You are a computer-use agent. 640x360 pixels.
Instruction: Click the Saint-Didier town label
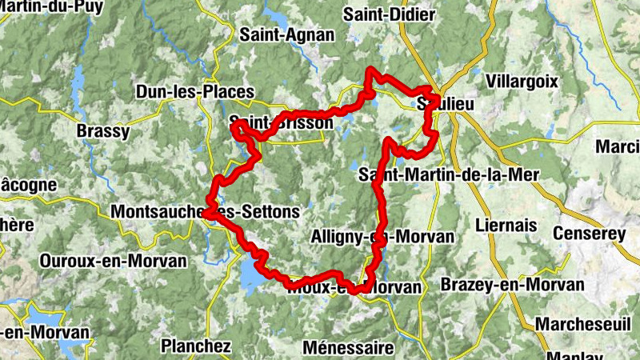tap(389, 14)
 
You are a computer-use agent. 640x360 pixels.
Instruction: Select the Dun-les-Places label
tap(195, 92)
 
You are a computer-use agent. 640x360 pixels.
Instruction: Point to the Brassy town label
tap(102, 131)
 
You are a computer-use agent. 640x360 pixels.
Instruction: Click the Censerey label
tap(593, 234)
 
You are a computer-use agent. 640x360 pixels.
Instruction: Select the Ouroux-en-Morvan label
tap(113, 261)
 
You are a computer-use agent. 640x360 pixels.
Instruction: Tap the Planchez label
tap(196, 346)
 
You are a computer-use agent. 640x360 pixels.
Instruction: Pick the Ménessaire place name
tap(349, 348)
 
